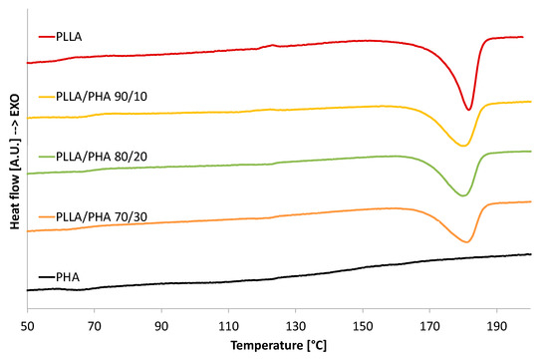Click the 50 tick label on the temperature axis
pyautogui.click(x=28, y=325)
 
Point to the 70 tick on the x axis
pyautogui.click(x=95, y=325)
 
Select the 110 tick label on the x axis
pyautogui.click(x=229, y=325)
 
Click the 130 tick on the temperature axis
pyautogui.click(x=296, y=325)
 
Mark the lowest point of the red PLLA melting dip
pyautogui.click(x=468, y=110)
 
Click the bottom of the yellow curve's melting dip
pyautogui.click(x=462, y=147)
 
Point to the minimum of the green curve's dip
pyautogui.click(x=462, y=195)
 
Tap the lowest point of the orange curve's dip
pyautogui.click(x=465, y=242)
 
